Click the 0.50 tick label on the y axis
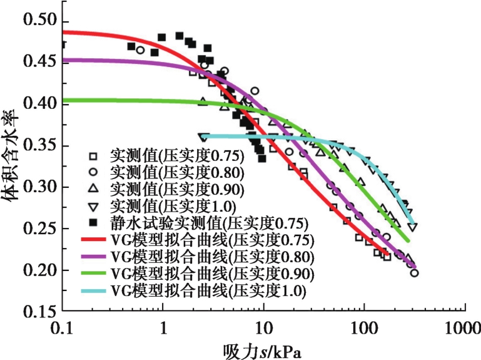point(39,21)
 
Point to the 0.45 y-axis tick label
point(39,62)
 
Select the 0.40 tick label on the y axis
point(39,103)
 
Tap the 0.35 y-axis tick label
point(39,145)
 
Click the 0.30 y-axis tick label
point(39,187)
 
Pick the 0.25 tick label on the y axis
point(39,229)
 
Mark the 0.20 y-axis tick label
point(39,270)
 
